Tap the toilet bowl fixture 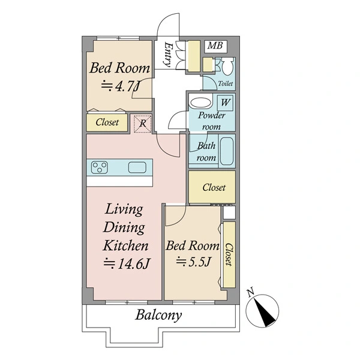pos(227,66)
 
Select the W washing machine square pos(225,103)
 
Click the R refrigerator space pos(143,123)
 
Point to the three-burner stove pos(99,167)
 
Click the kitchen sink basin pos(137,167)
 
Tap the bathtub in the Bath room pos(227,151)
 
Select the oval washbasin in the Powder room pos(200,103)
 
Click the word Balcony pos(158,315)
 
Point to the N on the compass pos(250,292)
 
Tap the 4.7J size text pos(121,86)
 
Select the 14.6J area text pos(127,263)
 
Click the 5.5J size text pos(193,262)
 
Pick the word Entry pos(168,54)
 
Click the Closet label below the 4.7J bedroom pos(107,122)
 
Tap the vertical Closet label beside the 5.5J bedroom pos(229,254)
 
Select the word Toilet pos(226,83)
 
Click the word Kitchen pos(125,245)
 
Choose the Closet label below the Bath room pos(214,187)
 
